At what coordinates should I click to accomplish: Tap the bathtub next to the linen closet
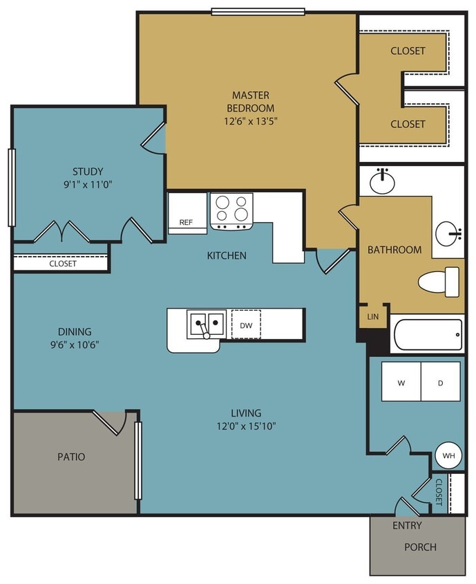(427, 335)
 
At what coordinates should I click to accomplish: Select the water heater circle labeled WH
(448, 456)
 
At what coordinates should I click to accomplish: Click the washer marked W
(401, 382)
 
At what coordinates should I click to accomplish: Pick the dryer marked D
(441, 382)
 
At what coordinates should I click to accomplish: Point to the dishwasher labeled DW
(246, 324)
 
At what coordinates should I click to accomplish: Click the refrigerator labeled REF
(187, 222)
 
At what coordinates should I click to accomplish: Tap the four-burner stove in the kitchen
(231, 210)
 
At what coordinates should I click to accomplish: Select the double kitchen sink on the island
(206, 324)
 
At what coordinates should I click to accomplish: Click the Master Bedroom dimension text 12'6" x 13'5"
(250, 120)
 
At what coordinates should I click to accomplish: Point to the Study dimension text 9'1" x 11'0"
(88, 185)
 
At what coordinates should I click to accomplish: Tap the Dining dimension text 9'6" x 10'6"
(75, 345)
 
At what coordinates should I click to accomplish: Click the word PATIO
(71, 457)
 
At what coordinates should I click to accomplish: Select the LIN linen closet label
(372, 316)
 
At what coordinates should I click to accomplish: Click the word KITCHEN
(227, 255)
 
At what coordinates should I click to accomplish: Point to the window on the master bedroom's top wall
(258, 11)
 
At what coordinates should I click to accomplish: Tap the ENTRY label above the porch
(407, 525)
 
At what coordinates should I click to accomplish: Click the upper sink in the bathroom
(382, 182)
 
